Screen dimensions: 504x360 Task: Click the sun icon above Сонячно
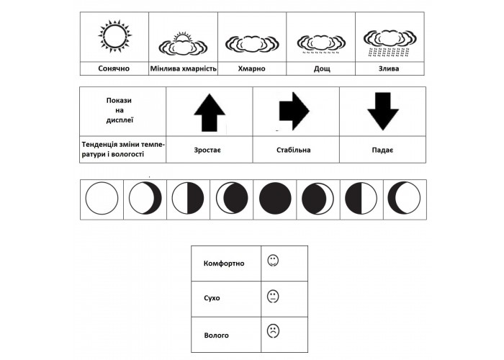coord(114,36)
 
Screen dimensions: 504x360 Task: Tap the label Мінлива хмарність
coord(183,69)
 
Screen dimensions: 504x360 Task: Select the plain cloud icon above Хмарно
coord(252,43)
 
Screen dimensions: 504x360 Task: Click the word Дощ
coord(321,69)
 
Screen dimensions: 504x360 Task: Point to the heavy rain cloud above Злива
coord(390,43)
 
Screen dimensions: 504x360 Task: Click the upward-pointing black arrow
coord(210,112)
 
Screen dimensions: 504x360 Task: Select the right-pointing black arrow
coord(294,111)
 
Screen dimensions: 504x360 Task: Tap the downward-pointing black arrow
coord(383,111)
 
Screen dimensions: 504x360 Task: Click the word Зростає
coord(207,150)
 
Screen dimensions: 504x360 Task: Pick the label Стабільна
coord(294,150)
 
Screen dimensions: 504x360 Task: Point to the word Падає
coord(382,150)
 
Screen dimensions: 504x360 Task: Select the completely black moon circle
coord(275,198)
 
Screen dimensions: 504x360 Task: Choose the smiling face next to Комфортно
coord(273,261)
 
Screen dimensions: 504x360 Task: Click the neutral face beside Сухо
coord(273,297)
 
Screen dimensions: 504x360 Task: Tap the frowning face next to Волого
coord(273,331)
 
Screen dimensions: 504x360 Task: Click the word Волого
coord(216,336)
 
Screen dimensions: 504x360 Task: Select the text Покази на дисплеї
coord(120,110)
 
